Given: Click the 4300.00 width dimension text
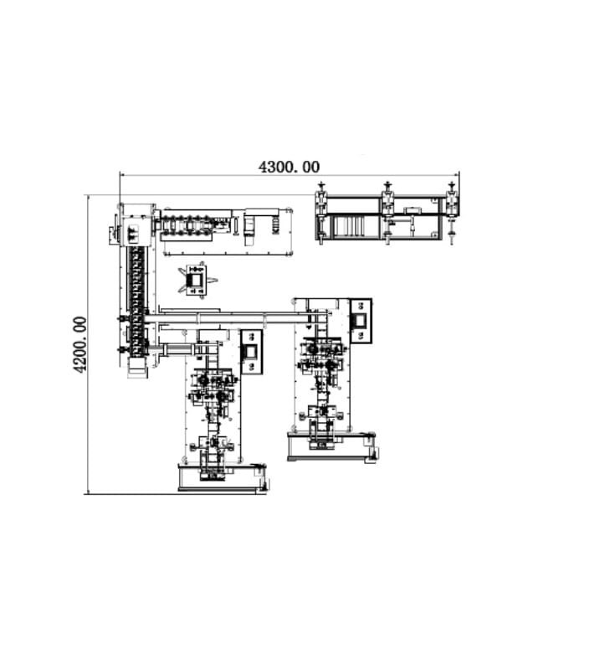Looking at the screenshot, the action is [x=289, y=167].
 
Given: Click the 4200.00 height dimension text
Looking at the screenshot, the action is [x=79, y=344].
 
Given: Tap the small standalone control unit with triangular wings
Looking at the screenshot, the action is [x=197, y=280].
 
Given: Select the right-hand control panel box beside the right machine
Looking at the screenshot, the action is [x=361, y=321].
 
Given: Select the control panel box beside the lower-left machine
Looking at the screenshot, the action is [x=251, y=352].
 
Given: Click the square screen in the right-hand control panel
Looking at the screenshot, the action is [x=361, y=320].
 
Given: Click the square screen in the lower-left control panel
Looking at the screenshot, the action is [x=251, y=352].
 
